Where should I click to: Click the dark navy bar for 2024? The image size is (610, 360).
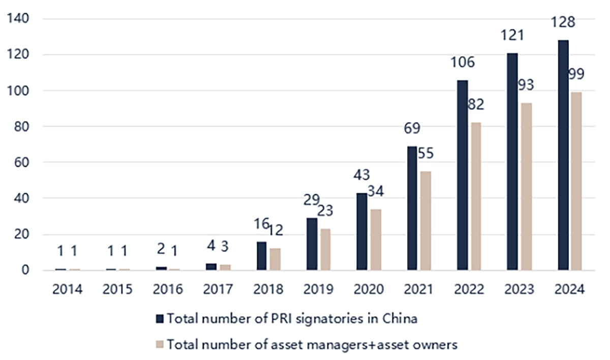pyautogui.click(x=563, y=155)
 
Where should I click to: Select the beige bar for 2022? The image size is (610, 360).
pyautogui.click(x=475, y=196)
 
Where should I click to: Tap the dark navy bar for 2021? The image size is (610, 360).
pyautogui.click(x=412, y=208)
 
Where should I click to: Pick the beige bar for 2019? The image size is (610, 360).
pyautogui.click(x=325, y=249)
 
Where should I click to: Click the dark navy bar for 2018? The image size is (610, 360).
pyautogui.click(x=262, y=256)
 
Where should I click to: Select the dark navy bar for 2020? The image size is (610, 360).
pyautogui.click(x=362, y=231)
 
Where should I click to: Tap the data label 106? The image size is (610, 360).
pyautogui.click(x=462, y=63)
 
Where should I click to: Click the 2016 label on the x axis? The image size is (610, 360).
pyautogui.click(x=168, y=289)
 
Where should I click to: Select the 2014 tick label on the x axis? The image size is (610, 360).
pyautogui.click(x=68, y=289)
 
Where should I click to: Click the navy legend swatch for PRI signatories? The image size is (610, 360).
pyautogui.click(x=160, y=319)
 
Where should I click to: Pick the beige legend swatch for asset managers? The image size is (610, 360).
pyautogui.click(x=160, y=345)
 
